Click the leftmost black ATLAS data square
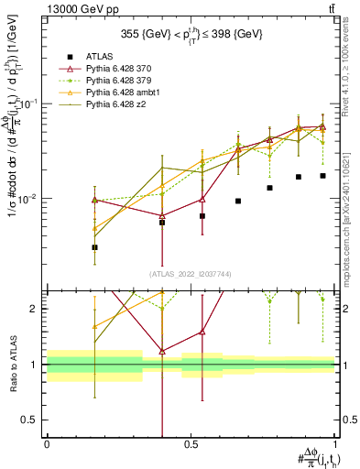coord(95,247)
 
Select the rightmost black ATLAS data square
coord(322,176)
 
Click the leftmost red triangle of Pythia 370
coord(95,200)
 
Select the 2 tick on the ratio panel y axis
coord(37,309)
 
